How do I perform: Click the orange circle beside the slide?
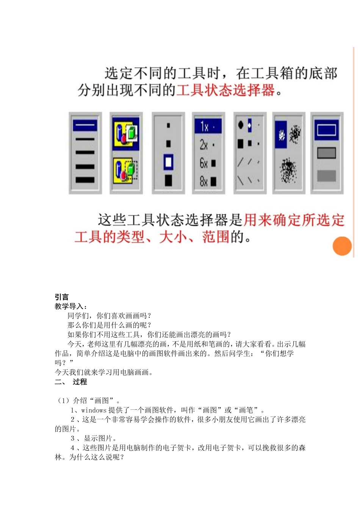tap(342, 246)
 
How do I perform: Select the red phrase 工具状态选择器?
tap(225, 90)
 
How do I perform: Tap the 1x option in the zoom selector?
tap(208, 126)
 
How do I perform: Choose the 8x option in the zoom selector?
tap(208, 181)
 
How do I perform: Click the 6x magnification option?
tap(208, 163)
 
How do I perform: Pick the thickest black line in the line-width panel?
tap(85, 180)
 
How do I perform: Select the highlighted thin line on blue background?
tap(85, 125)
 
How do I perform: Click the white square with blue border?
tap(168, 162)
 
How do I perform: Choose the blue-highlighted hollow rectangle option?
tap(326, 130)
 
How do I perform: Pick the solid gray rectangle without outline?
tap(326, 176)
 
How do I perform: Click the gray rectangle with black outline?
tap(326, 153)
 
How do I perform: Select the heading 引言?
tap(61, 297)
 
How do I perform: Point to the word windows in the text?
tap(94, 410)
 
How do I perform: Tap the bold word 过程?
tap(80, 382)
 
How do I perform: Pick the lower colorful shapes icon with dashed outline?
tap(126, 170)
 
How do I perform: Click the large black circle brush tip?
tap(241, 125)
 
